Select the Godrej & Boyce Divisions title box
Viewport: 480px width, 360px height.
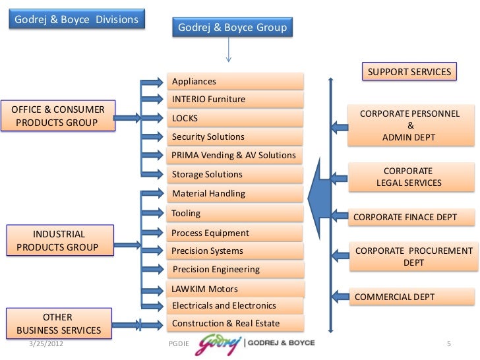click(x=74, y=19)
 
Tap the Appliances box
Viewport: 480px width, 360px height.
click(x=236, y=81)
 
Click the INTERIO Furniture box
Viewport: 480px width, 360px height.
click(x=236, y=100)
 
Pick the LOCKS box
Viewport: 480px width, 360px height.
click(x=236, y=118)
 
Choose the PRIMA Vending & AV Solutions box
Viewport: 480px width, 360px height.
click(x=236, y=156)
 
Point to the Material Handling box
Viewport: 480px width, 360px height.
click(x=236, y=194)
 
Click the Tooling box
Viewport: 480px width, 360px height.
click(x=236, y=214)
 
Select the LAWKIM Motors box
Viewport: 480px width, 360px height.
click(x=236, y=289)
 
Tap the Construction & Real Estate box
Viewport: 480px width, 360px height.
click(x=236, y=323)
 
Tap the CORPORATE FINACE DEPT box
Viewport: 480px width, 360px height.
click(x=412, y=218)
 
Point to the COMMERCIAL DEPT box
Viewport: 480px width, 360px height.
click(x=412, y=297)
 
